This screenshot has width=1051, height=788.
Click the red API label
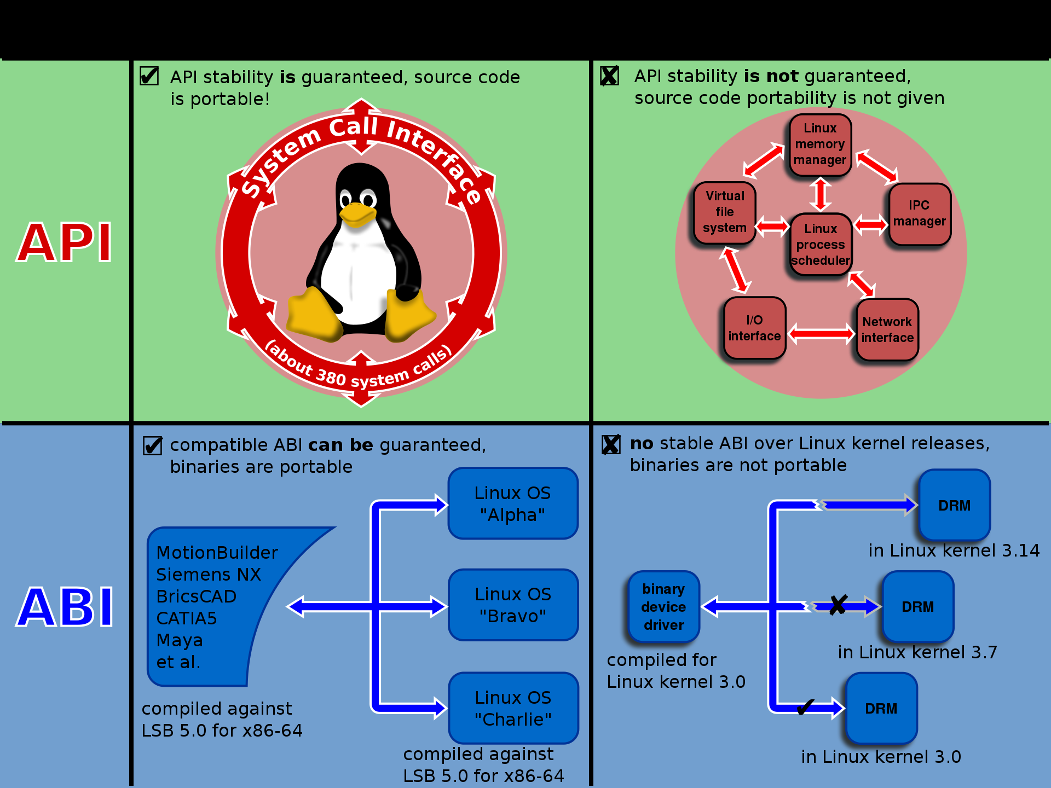pyautogui.click(x=65, y=242)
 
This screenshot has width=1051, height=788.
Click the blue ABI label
pyautogui.click(x=65, y=607)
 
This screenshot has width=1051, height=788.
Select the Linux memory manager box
pyautogui.click(x=820, y=144)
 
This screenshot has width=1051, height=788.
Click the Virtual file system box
pyautogui.click(x=724, y=212)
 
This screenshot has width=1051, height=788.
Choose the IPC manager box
pyautogui.click(x=920, y=214)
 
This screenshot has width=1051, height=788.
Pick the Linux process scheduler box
pyautogui.click(x=821, y=245)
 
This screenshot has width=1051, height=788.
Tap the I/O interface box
pyautogui.click(x=754, y=328)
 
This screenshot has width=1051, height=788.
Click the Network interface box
pyautogui.click(x=887, y=330)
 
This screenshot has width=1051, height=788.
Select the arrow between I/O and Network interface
pyautogui.click(x=821, y=333)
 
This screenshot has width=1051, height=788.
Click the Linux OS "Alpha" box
pyautogui.click(x=513, y=503)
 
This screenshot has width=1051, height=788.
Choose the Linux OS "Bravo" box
pyautogui.click(x=513, y=605)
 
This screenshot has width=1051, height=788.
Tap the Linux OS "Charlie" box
pyautogui.click(x=513, y=708)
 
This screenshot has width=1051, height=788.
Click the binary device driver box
pyautogui.click(x=663, y=607)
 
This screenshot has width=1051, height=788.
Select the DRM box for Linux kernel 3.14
pyautogui.click(x=954, y=505)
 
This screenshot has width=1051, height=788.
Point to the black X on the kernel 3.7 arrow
pyautogui.click(x=838, y=605)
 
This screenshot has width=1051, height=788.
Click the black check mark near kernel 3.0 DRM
pyautogui.click(x=805, y=707)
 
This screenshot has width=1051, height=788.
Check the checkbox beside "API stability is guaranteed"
pyautogui.click(x=149, y=76)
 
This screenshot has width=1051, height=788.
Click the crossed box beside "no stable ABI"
pyautogui.click(x=611, y=444)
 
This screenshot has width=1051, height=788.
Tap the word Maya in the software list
pyautogui.click(x=180, y=640)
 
